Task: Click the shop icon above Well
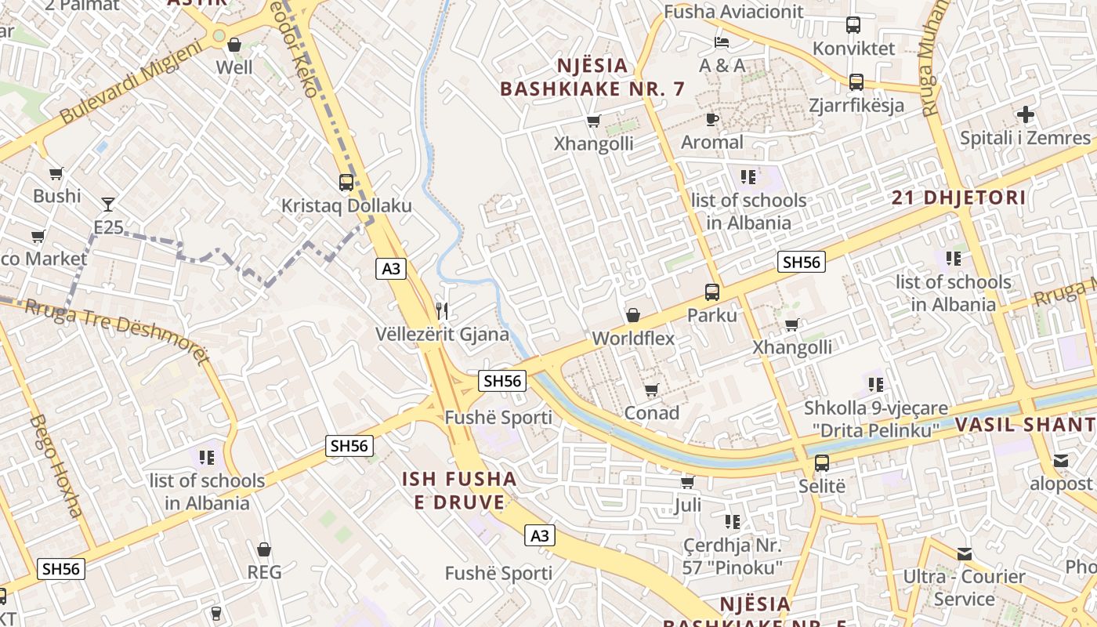point(234,45)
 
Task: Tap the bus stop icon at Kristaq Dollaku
point(346,183)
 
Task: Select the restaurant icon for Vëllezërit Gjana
point(442,311)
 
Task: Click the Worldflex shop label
point(633,339)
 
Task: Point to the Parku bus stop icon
point(711,292)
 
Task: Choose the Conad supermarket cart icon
point(651,390)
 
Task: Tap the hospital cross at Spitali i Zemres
point(1025,115)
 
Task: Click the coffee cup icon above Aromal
point(711,119)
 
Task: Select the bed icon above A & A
point(722,42)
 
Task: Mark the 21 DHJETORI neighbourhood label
point(958,198)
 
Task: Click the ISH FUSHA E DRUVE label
point(459,491)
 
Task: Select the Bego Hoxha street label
point(56,466)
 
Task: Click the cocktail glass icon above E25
point(108,205)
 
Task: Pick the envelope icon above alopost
point(1060,460)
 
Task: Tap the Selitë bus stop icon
point(821,463)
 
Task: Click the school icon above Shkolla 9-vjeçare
point(875,385)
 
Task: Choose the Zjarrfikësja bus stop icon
point(856,82)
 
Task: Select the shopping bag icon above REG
point(264,549)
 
